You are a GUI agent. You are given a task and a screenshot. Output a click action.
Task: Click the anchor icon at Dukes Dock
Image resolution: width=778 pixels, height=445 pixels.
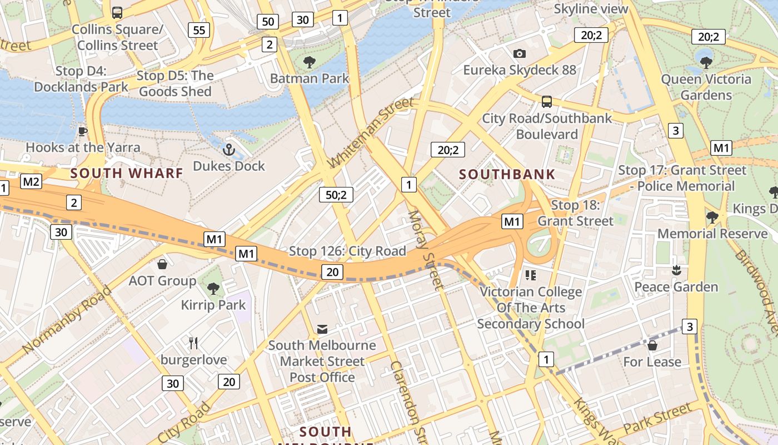[228, 150]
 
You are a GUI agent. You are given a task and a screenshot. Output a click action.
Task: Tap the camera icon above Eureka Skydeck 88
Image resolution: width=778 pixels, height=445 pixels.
[520, 53]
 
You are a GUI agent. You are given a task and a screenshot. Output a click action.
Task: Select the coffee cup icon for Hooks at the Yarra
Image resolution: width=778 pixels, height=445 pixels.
[83, 131]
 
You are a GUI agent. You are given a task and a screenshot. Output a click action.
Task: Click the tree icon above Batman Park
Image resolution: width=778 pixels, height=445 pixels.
[310, 62]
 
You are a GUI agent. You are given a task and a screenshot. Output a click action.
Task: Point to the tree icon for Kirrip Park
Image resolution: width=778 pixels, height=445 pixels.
[213, 288]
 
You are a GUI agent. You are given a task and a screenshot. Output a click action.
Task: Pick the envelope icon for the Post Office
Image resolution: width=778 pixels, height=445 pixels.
[322, 329]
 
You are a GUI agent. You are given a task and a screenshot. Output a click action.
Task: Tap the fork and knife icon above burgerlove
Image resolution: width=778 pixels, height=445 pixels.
[193, 343]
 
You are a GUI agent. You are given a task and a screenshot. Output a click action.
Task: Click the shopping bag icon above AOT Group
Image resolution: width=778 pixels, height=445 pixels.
[162, 264]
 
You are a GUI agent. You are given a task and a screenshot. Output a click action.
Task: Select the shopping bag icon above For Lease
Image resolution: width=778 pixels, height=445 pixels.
[652, 345]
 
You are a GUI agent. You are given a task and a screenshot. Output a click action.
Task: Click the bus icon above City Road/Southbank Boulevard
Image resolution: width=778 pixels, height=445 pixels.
[547, 101]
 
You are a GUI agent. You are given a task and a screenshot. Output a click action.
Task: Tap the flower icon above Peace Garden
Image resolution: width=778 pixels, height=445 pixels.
[676, 270]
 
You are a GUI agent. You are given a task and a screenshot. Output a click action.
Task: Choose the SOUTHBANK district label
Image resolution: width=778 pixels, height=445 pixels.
[507, 174]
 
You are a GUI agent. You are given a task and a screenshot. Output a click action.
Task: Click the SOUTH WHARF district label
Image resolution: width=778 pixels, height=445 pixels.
[127, 173]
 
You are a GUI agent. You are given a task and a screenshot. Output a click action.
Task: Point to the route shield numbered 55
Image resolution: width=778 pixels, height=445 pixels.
[199, 30]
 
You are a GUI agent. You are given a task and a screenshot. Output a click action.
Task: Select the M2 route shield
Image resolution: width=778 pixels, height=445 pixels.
[31, 181]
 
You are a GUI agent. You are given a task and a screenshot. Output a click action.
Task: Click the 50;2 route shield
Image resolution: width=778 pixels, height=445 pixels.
[336, 195]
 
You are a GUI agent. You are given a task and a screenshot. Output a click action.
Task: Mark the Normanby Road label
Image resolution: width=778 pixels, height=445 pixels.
[68, 320]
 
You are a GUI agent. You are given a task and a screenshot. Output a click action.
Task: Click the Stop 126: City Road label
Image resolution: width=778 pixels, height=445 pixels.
[347, 251]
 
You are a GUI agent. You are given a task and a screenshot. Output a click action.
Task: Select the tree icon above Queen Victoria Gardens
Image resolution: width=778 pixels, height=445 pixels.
[706, 62]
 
